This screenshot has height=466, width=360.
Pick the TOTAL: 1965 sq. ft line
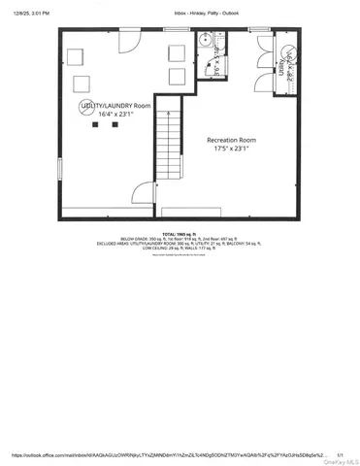[x=180, y=235]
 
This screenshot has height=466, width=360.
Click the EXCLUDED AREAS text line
[x=180, y=245]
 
